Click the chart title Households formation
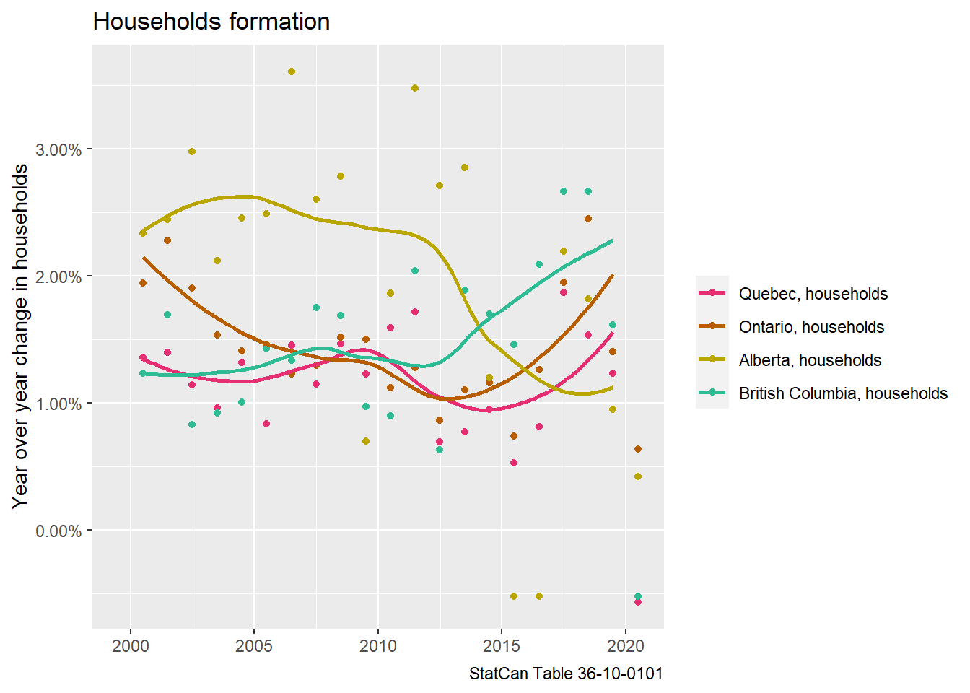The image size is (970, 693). click(x=211, y=22)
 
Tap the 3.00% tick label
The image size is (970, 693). click(x=58, y=150)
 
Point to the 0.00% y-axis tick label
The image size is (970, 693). click(x=58, y=531)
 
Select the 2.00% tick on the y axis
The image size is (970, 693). click(x=58, y=277)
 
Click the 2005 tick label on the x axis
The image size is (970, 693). click(x=254, y=645)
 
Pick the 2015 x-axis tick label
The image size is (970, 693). click(x=502, y=645)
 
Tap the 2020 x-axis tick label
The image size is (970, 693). click(x=626, y=645)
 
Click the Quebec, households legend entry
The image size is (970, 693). click(x=813, y=294)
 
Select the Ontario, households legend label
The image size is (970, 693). click(x=811, y=327)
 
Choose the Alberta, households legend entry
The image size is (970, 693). click(x=810, y=360)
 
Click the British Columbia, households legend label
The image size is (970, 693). click(x=843, y=393)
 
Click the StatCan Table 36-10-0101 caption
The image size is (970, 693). click(x=566, y=674)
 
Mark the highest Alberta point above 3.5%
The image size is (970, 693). click(x=292, y=71)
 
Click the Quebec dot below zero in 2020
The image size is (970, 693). click(x=638, y=602)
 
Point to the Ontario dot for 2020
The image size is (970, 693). click(x=638, y=449)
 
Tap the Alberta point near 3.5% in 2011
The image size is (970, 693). click(x=415, y=88)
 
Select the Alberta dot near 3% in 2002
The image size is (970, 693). click(x=192, y=152)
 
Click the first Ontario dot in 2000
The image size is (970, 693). click(x=143, y=283)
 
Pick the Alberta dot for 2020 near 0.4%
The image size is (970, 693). click(x=638, y=476)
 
